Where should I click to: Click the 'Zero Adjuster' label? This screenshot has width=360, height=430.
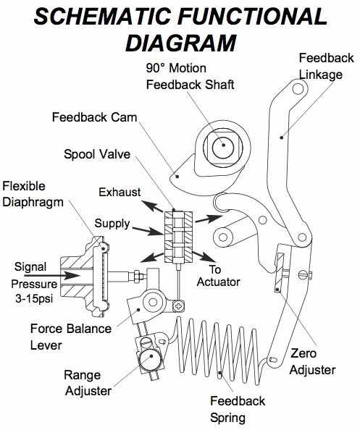click(x=312, y=362)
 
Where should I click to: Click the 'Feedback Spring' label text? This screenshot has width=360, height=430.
click(x=238, y=409)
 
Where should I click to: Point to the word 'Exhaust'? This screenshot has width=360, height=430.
click(x=120, y=192)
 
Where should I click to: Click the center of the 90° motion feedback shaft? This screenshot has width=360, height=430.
click(x=224, y=145)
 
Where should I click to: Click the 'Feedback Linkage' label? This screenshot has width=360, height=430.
click(x=325, y=65)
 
